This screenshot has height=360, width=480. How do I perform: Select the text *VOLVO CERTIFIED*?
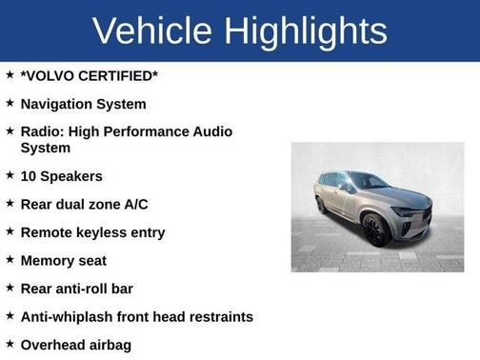pyautogui.click(x=90, y=75)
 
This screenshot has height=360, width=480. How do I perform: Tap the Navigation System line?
pyautogui.click(x=83, y=103)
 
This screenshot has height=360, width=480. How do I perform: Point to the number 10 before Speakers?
pyautogui.click(x=29, y=176)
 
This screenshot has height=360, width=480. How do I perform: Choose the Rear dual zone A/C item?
pyautogui.click(x=84, y=204)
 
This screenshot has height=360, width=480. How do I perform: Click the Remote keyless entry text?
pyautogui.click(x=92, y=231)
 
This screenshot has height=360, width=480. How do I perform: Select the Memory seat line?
pyautogui.click(x=63, y=260)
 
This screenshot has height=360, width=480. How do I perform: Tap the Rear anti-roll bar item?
pyautogui.click(x=76, y=288)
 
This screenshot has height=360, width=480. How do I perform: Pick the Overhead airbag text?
pyautogui.click(x=75, y=344)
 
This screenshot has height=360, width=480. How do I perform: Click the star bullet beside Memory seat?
pyautogui.click(x=10, y=259)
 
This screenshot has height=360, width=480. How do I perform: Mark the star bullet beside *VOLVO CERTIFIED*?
pyautogui.click(x=10, y=74)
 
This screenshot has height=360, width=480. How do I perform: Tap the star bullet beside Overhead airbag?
pyautogui.click(x=10, y=343)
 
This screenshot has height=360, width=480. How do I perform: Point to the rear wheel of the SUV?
pyautogui.click(x=321, y=204)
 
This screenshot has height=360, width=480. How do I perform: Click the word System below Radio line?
pyautogui.click(x=45, y=148)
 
